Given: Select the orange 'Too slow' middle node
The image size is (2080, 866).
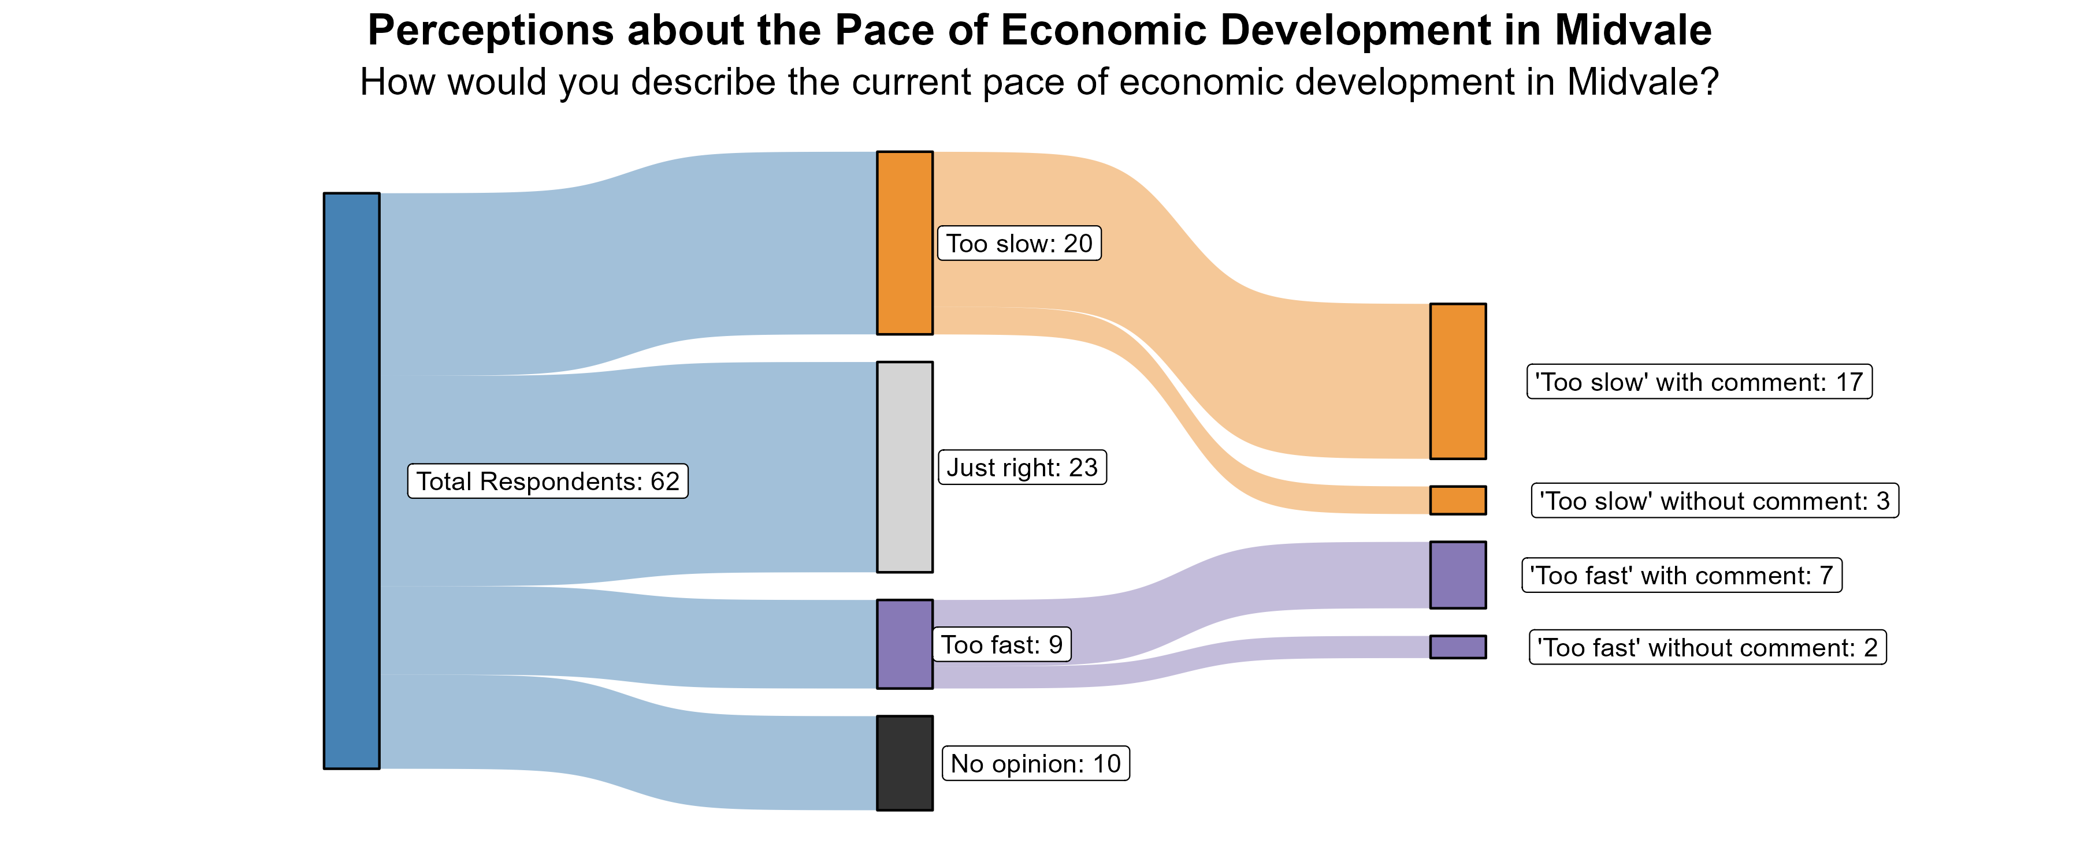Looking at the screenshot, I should click(904, 242).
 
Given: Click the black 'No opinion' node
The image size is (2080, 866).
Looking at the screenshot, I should click(904, 763).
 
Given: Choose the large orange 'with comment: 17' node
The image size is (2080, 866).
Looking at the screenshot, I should click(1458, 381).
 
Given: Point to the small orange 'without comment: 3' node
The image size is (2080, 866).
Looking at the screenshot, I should click(1458, 499).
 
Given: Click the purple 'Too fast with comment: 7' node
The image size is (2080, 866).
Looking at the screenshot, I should click(1458, 574).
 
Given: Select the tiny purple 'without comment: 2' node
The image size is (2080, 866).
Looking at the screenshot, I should click(1458, 647).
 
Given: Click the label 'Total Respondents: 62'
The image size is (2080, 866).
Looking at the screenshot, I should click(548, 481).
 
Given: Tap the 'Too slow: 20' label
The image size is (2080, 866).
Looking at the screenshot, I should click(1019, 243).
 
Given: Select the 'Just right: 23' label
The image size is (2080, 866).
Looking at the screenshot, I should click(1022, 467).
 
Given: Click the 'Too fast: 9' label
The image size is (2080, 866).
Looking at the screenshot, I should click(1002, 645).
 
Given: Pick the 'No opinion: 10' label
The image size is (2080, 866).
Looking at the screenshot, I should click(1036, 763).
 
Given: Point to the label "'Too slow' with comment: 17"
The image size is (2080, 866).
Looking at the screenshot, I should click(1699, 382).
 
